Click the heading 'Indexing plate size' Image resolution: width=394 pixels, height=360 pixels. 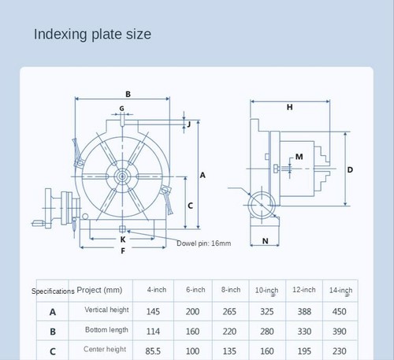point(92,35)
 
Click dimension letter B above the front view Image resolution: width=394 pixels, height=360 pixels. point(128,94)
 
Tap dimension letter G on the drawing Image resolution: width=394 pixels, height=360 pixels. point(121,108)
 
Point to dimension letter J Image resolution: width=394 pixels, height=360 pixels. point(189,124)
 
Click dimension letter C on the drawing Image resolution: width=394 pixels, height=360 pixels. point(190,205)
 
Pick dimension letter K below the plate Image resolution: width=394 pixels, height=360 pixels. point(123,238)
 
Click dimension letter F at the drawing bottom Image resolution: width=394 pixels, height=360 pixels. point(123,251)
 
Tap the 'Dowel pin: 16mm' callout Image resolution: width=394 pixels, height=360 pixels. point(203,243)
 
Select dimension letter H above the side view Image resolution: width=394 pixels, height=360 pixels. point(289,106)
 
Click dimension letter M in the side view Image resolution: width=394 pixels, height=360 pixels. point(299,157)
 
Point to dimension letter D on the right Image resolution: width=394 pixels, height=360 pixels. point(350,169)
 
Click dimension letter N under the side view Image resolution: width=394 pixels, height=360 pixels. point(265,240)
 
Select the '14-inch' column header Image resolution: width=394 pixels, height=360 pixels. point(340,290)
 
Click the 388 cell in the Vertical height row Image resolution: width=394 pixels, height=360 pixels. point(303,311)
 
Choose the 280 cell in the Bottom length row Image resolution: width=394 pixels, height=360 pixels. point(266,331)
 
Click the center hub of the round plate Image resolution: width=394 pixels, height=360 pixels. point(121,179)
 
